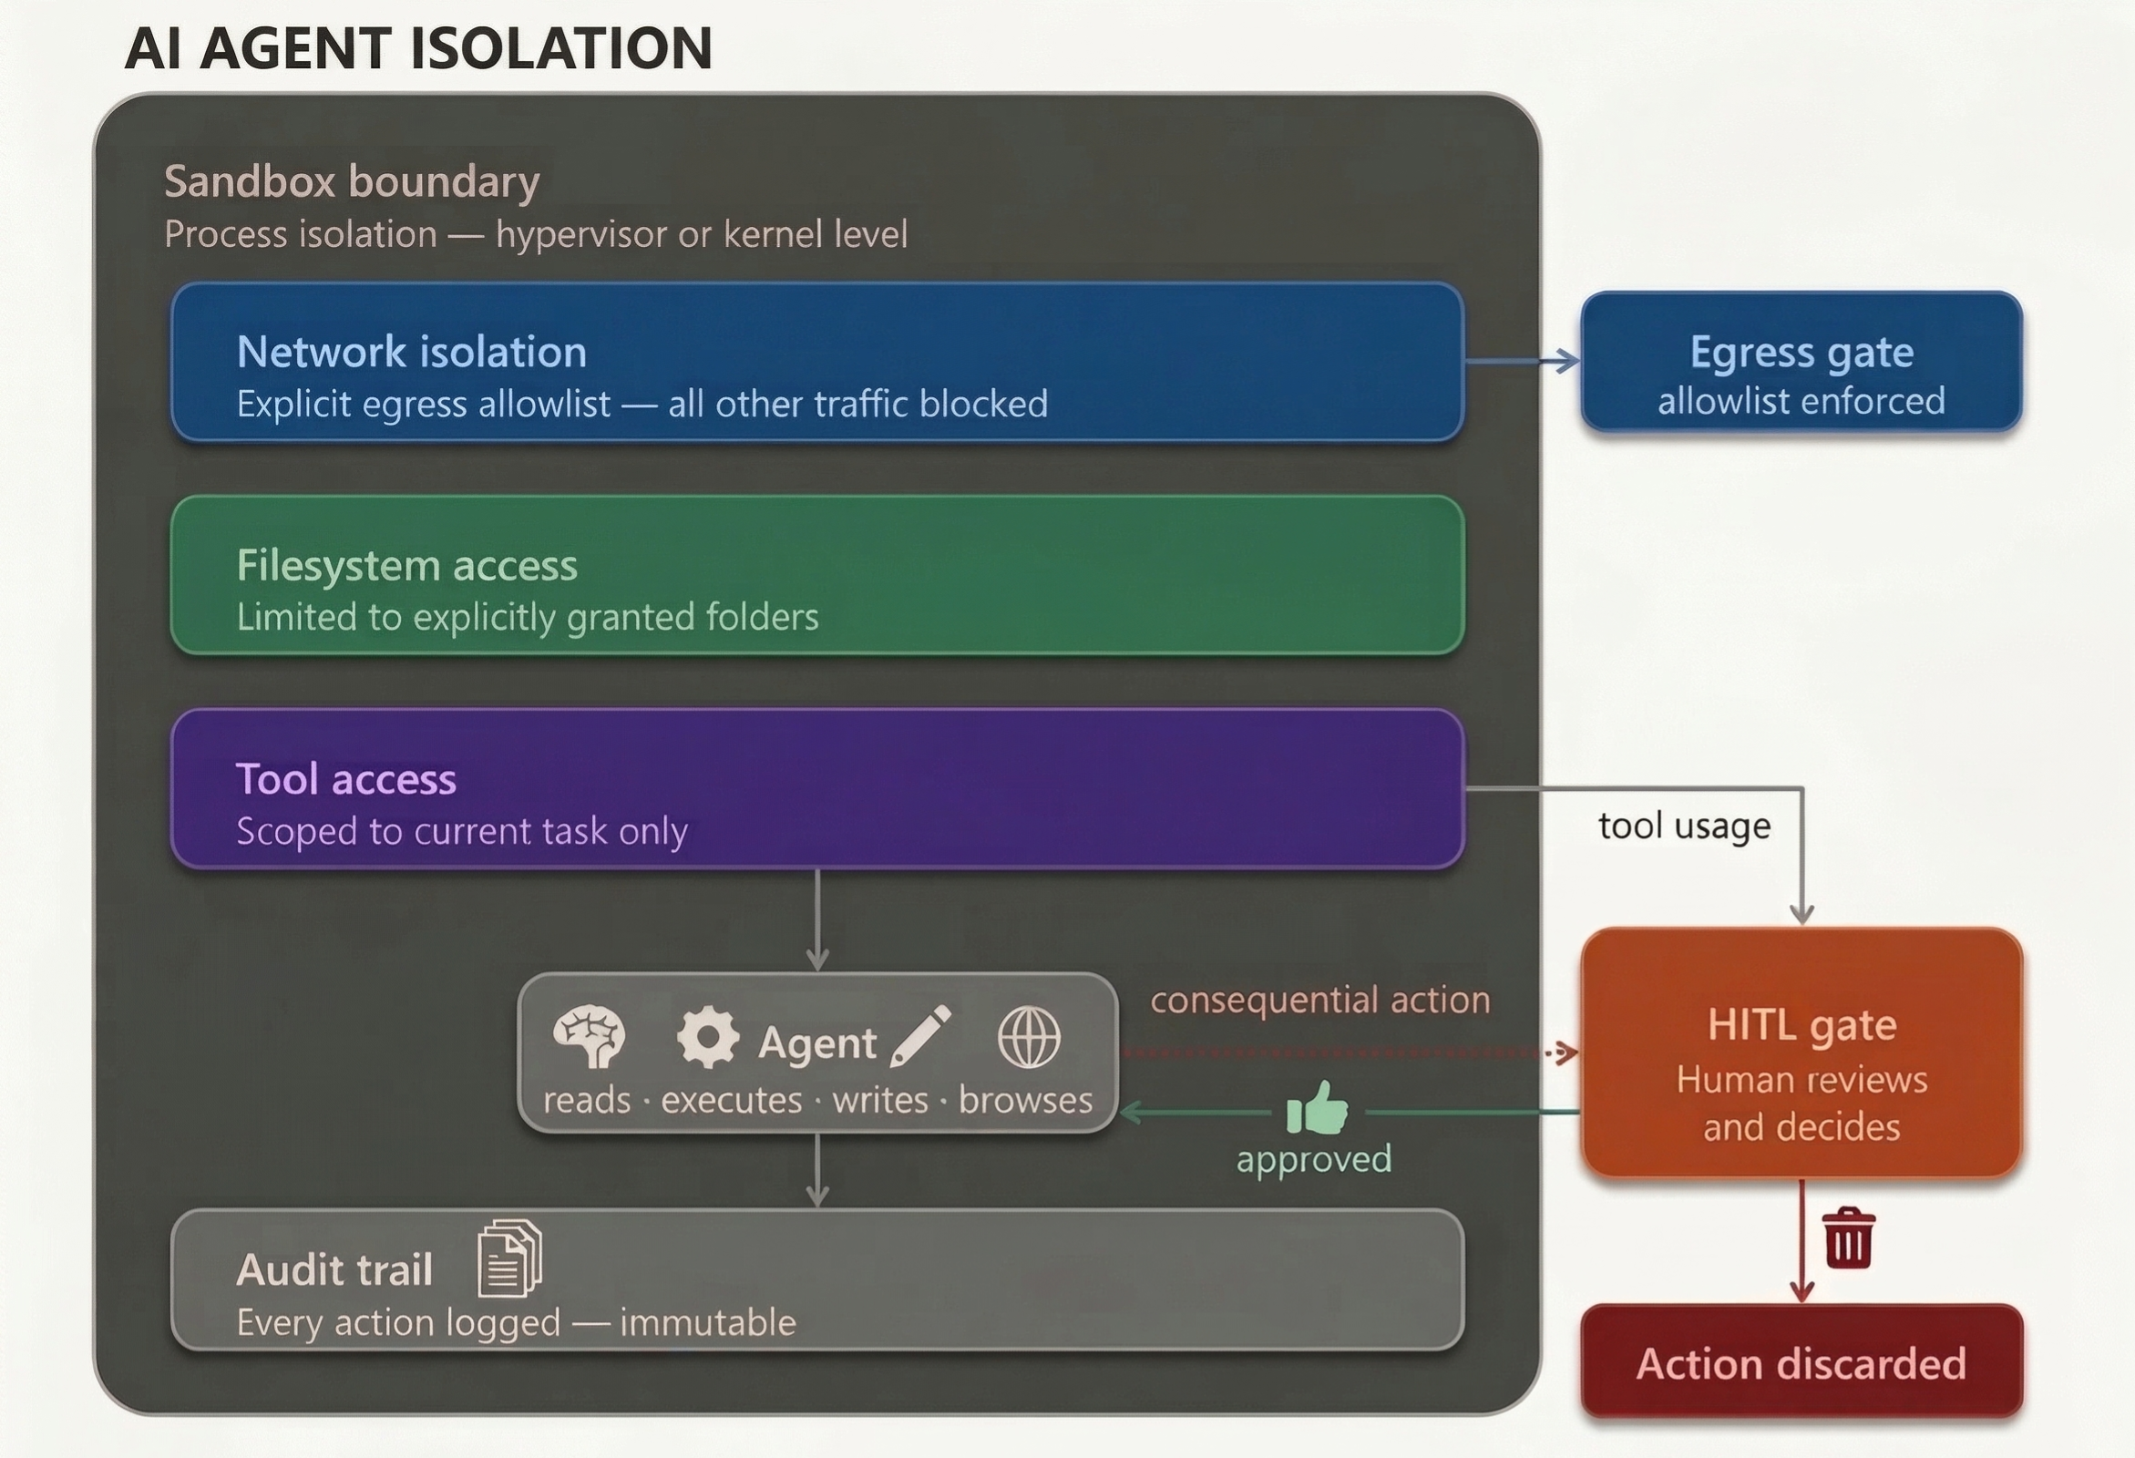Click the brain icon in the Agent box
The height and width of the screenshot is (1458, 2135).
(x=589, y=1037)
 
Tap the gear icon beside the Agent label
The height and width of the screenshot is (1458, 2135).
(x=707, y=1037)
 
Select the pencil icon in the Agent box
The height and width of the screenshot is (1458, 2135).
(x=920, y=1036)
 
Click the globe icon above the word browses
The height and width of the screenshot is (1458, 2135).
(x=1028, y=1037)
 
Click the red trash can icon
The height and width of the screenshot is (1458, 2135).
(x=1848, y=1237)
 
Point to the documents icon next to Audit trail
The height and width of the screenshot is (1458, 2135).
(x=510, y=1258)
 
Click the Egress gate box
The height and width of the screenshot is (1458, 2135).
(x=1801, y=362)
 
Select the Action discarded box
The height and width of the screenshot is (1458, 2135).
(x=1801, y=1362)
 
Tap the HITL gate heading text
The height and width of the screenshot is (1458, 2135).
(x=1801, y=1024)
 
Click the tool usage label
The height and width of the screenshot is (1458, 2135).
(x=1684, y=825)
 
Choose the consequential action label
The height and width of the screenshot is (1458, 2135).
(x=1320, y=1000)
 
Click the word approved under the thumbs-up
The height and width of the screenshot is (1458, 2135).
(x=1313, y=1158)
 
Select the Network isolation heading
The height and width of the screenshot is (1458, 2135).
(x=412, y=352)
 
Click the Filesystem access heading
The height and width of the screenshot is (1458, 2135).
(x=407, y=565)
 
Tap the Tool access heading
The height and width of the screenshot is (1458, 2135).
(x=346, y=779)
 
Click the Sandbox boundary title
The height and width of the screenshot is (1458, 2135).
(x=352, y=181)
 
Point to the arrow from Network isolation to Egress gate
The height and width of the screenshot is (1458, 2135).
(x=1522, y=361)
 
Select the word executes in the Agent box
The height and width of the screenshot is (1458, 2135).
(x=732, y=1100)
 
